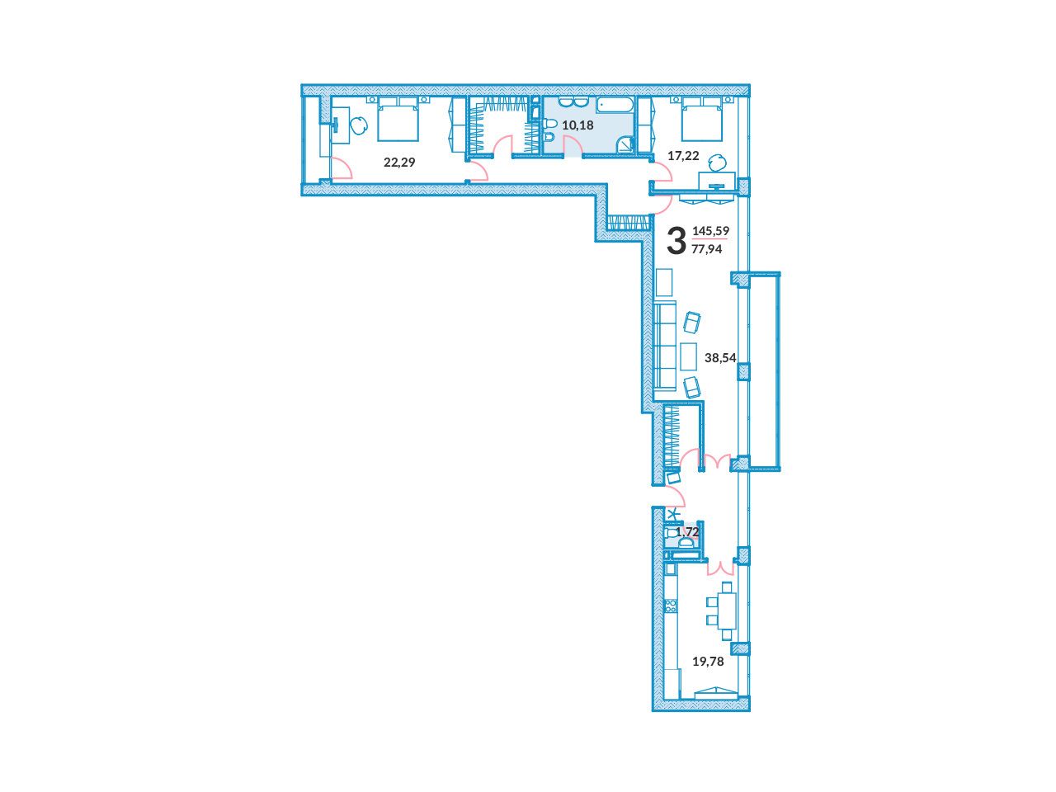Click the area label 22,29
click(398, 162)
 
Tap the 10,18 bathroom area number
click(577, 125)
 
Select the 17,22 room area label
click(683, 155)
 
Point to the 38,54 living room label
click(719, 358)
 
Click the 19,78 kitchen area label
click(708, 662)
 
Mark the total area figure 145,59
click(710, 231)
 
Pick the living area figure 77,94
click(707, 249)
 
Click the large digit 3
click(676, 241)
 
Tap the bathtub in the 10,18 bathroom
click(614, 106)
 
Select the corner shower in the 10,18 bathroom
click(625, 144)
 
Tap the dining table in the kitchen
click(727, 610)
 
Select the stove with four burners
click(670, 606)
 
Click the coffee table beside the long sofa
click(688, 356)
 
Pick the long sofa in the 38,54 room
click(664, 344)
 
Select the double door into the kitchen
click(719, 568)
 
